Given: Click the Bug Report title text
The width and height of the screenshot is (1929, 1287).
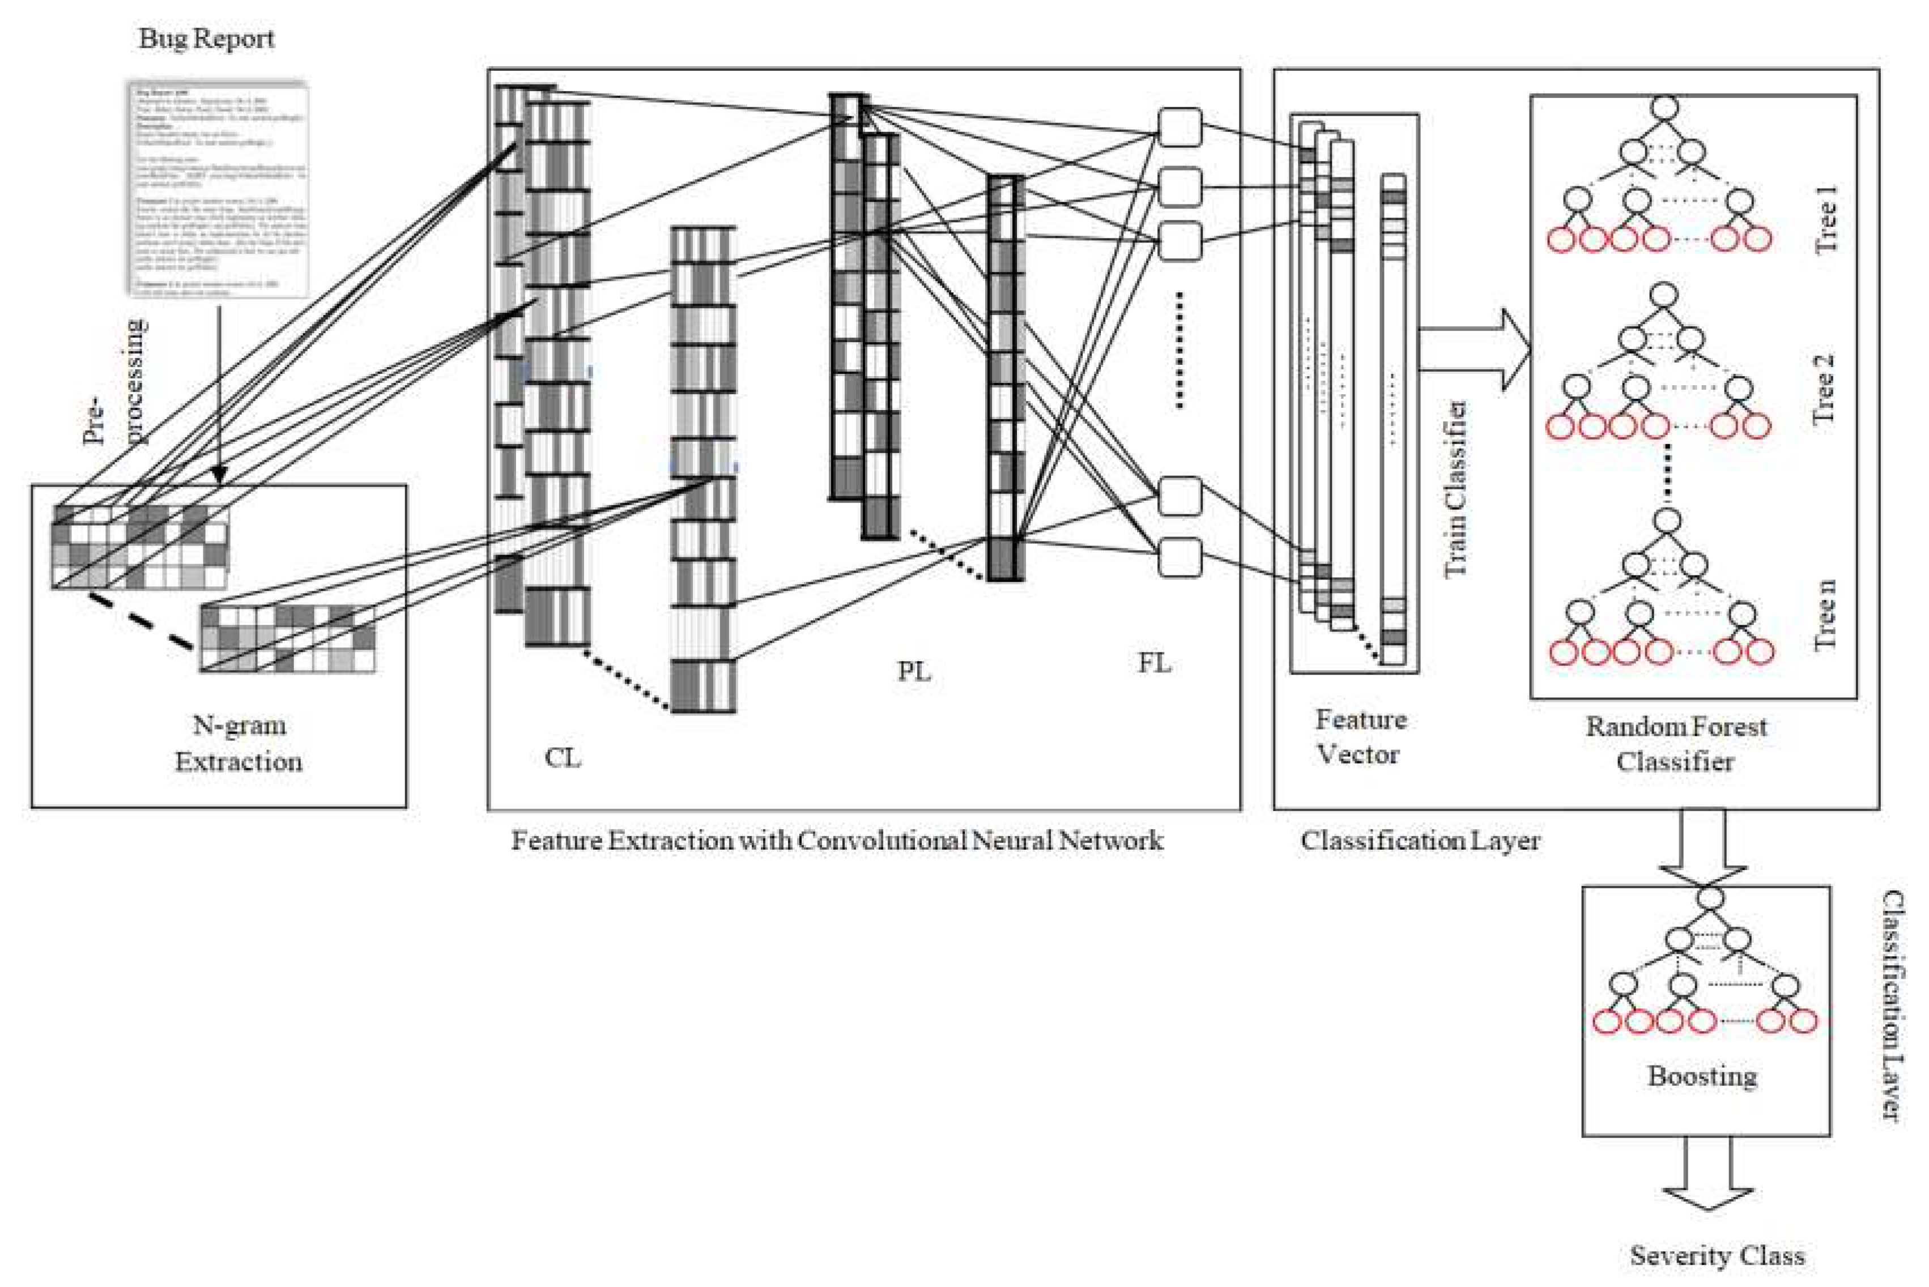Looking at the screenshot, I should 206,38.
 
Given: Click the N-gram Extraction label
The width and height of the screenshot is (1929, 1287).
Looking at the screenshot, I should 238,743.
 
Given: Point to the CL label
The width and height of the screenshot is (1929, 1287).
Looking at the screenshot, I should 563,757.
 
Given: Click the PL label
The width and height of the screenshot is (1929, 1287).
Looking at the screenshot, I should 914,671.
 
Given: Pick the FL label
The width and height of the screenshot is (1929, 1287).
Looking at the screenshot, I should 1154,662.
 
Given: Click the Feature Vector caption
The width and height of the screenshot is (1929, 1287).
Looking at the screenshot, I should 1360,736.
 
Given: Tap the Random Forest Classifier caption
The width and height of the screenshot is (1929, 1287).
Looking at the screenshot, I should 1675,744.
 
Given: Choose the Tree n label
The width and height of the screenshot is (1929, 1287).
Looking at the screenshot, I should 1824,616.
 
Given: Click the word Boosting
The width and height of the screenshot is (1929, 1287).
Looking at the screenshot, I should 1702,1075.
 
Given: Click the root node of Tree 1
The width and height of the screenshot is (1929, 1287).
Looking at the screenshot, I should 1664,108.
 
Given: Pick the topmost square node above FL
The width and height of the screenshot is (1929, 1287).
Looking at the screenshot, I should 1179,128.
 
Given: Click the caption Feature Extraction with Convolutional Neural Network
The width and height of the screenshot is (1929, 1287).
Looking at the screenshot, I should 837,841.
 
